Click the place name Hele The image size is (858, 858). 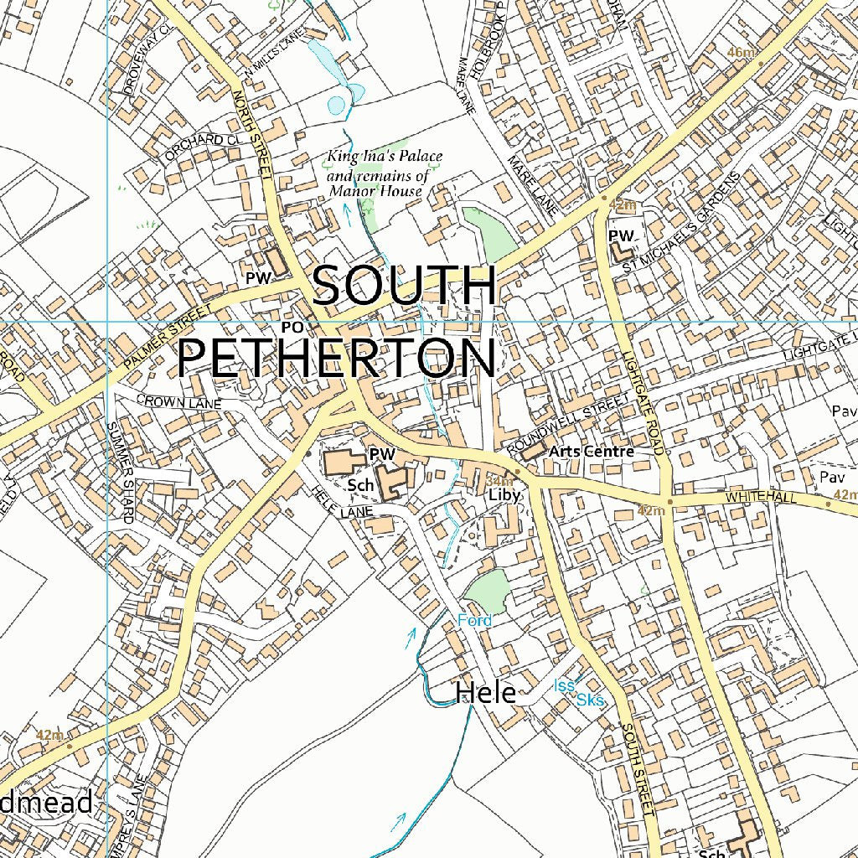click(x=485, y=693)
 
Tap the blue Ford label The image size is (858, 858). click(x=475, y=621)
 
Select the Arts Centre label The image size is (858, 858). click(x=591, y=452)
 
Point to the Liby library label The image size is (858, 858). click(x=505, y=495)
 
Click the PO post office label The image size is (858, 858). click(x=291, y=326)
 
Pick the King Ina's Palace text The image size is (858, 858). click(x=385, y=156)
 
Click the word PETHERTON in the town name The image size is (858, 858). click(x=335, y=359)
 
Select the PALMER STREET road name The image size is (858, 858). click(x=168, y=338)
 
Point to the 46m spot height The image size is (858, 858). click(x=741, y=54)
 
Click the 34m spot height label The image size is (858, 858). click(x=499, y=481)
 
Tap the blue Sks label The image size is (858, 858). click(x=590, y=700)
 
